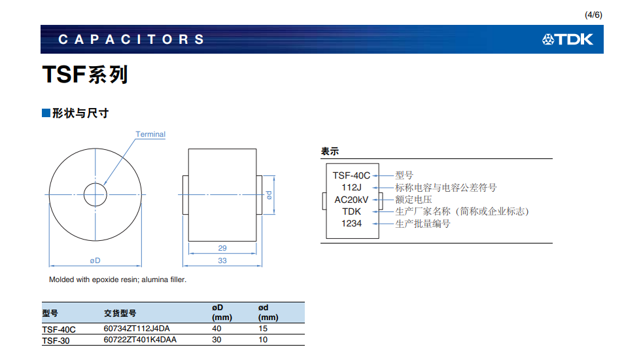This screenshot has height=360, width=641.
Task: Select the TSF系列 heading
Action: coord(85,75)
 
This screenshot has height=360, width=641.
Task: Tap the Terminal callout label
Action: coord(150,135)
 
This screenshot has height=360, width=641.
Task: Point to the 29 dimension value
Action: coord(222,248)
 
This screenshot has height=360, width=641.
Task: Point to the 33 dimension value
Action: coord(222,261)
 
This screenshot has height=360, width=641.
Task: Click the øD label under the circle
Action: coord(95,261)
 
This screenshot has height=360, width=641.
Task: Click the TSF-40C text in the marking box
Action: coord(351,175)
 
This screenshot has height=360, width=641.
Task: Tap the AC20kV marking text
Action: coord(351,200)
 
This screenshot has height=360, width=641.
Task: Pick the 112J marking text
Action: coord(351,187)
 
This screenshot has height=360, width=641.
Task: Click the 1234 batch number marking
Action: coord(351,224)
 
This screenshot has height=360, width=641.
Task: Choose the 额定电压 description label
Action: coord(413,200)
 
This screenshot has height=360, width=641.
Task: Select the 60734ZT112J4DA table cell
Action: coord(136,329)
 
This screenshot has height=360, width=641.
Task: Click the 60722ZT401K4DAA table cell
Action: coord(140,340)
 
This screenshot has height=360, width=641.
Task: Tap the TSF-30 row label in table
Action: coord(56,340)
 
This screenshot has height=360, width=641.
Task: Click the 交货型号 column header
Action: coord(120,313)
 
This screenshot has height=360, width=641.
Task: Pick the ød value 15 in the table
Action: coord(264,329)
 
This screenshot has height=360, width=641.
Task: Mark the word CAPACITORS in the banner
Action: coord(131,40)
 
